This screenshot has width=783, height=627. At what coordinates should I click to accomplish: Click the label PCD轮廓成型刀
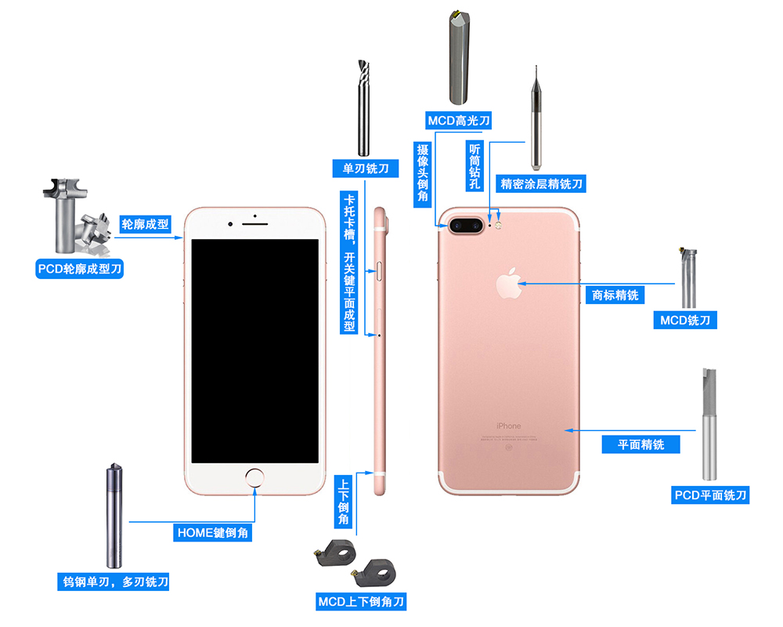pyautogui.click(x=79, y=269)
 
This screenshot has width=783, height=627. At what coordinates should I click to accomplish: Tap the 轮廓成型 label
pyautogui.click(x=146, y=224)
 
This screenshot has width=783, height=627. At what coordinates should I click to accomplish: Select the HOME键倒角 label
pyautogui.click(x=213, y=532)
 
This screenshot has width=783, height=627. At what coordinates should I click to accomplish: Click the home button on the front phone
pyautogui.click(x=254, y=477)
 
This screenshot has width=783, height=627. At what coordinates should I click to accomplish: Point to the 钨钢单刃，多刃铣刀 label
pyautogui.click(x=114, y=582)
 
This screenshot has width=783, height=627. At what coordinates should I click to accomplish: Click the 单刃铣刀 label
pyautogui.click(x=366, y=169)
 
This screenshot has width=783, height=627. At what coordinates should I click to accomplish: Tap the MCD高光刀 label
pyautogui.click(x=458, y=121)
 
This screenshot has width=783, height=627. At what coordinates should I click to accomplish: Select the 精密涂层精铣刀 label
pyautogui.click(x=541, y=183)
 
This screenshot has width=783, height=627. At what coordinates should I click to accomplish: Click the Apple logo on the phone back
pyautogui.click(x=509, y=283)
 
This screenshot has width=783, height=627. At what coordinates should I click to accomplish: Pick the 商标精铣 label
pyautogui.click(x=615, y=295)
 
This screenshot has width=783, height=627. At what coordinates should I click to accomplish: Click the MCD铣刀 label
pyautogui.click(x=685, y=320)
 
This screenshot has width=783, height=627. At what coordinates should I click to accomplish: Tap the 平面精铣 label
pyautogui.click(x=640, y=444)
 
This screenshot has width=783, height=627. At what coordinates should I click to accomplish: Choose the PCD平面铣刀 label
pyautogui.click(x=710, y=495)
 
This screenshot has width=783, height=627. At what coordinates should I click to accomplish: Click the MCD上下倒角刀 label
pyautogui.click(x=361, y=601)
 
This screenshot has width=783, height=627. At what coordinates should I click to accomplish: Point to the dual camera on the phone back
pyautogui.click(x=466, y=226)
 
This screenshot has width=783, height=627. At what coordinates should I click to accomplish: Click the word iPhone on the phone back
pyautogui.click(x=508, y=426)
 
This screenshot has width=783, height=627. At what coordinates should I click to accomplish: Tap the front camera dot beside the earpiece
pyautogui.click(x=229, y=224)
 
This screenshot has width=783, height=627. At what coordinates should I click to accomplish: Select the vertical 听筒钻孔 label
pyautogui.click(x=474, y=166)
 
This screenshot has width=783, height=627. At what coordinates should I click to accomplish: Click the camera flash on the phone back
pyautogui.click(x=498, y=226)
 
